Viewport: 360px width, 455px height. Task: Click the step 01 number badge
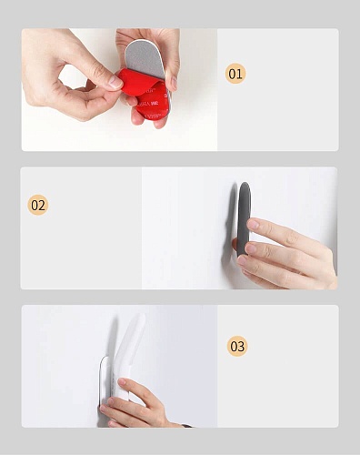(235, 74)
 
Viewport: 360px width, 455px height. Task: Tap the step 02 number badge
(38, 205)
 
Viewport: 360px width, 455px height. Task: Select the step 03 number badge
(237, 346)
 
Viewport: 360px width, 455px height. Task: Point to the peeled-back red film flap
(137, 82)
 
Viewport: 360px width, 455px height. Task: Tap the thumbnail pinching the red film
(115, 82)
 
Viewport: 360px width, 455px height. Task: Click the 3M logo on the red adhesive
(155, 104)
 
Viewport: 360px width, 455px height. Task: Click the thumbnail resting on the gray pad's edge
(174, 83)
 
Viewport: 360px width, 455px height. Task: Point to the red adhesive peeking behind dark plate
(235, 243)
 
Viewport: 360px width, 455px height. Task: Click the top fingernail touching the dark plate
(253, 224)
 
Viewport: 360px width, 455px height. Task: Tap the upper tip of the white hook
(142, 316)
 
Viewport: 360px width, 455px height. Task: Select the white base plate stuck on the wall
(105, 382)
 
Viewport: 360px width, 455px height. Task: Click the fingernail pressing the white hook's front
(122, 381)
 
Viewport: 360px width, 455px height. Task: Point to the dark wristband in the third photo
(187, 426)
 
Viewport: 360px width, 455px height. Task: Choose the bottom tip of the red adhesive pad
(151, 120)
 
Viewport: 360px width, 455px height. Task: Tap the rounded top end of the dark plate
(245, 185)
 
